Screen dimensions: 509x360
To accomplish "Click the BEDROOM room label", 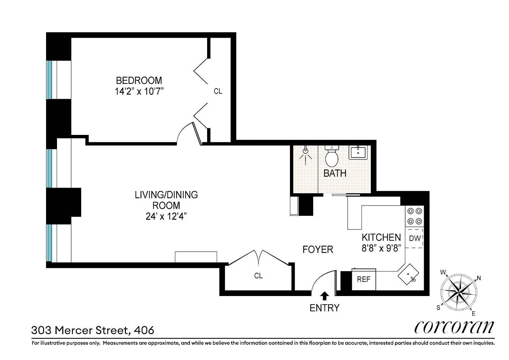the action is click(x=139, y=81).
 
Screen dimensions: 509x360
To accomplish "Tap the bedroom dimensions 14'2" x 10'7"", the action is click(x=139, y=91).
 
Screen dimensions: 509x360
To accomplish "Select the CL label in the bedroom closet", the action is click(x=218, y=91).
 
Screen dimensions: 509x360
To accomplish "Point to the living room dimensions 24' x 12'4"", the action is click(x=166, y=216).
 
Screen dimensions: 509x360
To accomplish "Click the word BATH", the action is click(x=335, y=173).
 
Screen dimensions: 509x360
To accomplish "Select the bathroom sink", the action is click(x=358, y=152).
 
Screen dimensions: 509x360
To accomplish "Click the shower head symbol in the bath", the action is click(x=306, y=153).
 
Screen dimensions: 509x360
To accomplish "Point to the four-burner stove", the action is click(x=415, y=216).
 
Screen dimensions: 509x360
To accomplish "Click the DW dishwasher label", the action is click(x=415, y=238).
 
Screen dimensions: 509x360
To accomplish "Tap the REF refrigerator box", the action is click(x=364, y=279).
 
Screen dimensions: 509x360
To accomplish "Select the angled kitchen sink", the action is click(x=408, y=274).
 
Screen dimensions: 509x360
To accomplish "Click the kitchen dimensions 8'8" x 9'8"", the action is click(x=381, y=248).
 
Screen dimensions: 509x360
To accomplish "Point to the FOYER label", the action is click(x=318, y=250).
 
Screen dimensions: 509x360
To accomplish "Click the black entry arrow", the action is click(x=324, y=296).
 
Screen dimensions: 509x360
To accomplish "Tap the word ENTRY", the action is click(x=324, y=308).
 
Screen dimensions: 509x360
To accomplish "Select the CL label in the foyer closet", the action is click(x=258, y=276).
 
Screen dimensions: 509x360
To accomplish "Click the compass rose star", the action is click(x=459, y=292).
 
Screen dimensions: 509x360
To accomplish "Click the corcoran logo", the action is click(x=454, y=327).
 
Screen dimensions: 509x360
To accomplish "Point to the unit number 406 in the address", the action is click(x=144, y=330).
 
